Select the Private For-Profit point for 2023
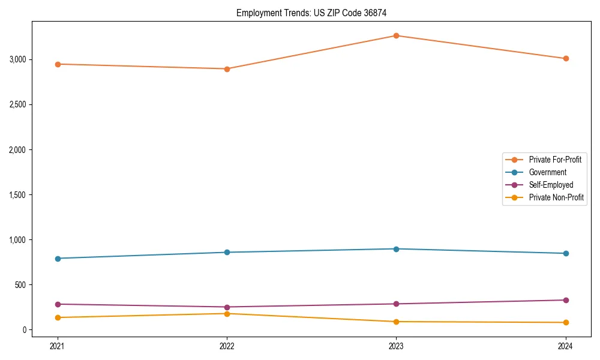tap(396, 35)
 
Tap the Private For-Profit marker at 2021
tap(58, 64)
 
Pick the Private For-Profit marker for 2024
tap(566, 58)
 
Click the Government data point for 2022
tap(227, 252)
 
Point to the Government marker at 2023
tap(396, 249)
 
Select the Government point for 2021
tap(58, 259)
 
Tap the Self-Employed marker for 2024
tap(566, 300)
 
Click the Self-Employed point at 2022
tap(227, 307)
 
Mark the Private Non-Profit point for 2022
tap(227, 314)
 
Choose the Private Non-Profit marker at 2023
tap(396, 322)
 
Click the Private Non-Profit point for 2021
tap(58, 317)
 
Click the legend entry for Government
tap(547, 172)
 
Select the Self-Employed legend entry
tap(551, 185)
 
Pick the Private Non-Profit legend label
tap(556, 197)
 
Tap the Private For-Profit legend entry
tap(554, 160)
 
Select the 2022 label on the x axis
tap(227, 346)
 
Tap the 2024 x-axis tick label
tap(566, 346)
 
